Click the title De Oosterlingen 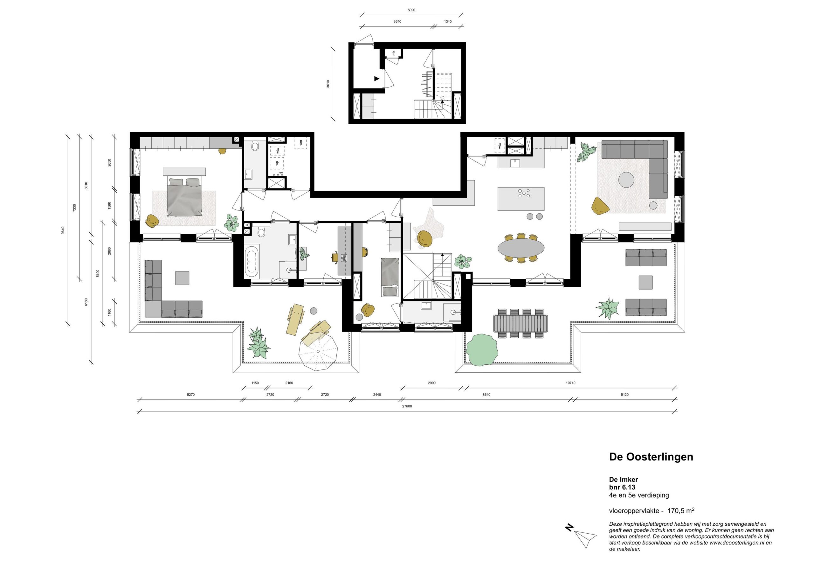click(651, 457)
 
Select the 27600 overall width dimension click(407, 406)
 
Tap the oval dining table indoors click(521, 248)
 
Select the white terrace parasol click(318, 351)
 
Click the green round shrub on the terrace click(482, 349)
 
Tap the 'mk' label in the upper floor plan click(394, 53)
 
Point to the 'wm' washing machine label click(301, 143)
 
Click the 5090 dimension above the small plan click(411, 10)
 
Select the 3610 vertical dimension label click(328, 84)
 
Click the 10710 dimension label click(570, 383)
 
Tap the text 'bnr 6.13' click(622, 487)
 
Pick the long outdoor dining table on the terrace click(521, 324)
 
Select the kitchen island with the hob click(521, 199)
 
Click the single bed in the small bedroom click(390, 277)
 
